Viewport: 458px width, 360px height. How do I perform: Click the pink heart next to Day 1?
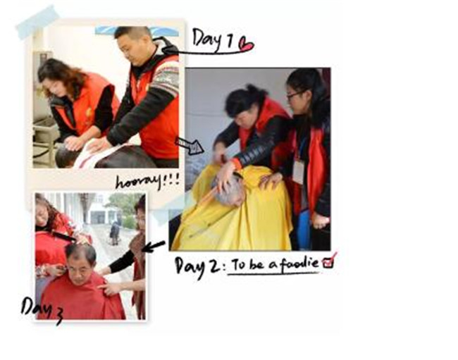tap(246, 44)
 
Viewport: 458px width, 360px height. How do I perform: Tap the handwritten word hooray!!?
tap(147, 182)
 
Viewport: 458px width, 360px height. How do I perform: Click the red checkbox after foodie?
tap(328, 261)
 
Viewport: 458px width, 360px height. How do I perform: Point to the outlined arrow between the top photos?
tap(190, 145)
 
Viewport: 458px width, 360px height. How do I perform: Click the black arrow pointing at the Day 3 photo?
tap(154, 246)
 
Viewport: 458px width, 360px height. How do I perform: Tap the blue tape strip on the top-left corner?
tap(37, 22)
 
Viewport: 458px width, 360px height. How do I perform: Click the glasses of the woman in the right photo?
tap(296, 94)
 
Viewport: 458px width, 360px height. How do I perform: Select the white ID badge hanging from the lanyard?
tap(298, 172)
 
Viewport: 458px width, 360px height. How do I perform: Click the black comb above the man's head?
tap(63, 236)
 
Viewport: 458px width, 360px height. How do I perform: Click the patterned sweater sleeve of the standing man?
tap(164, 78)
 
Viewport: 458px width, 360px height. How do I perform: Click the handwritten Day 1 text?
tap(213, 39)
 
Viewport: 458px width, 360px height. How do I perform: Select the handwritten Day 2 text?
tap(198, 267)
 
